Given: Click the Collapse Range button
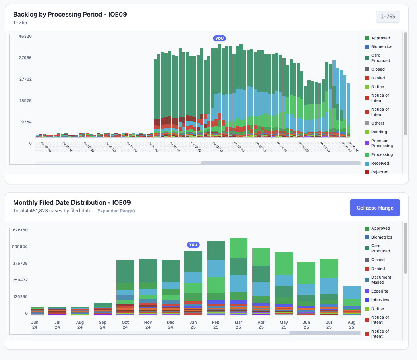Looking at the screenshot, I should click(375, 208).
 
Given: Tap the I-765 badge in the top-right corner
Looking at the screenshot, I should click(388, 17).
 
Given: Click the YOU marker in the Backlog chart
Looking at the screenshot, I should click(219, 39).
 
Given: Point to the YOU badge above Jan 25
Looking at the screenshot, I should click(193, 244).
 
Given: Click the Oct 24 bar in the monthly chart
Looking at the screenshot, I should click(125, 287).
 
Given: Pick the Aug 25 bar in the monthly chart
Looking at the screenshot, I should click(351, 300).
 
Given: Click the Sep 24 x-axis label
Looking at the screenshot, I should click(103, 324).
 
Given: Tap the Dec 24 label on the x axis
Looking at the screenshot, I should click(171, 324).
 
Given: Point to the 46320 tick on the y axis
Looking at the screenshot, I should click(25, 37).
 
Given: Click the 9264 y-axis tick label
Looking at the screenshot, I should click(27, 122).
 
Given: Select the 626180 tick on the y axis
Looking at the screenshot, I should click(21, 230).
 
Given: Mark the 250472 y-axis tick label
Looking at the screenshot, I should click(21, 280).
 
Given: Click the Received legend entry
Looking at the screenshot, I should click(380, 164).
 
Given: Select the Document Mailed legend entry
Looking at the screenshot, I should click(381, 280).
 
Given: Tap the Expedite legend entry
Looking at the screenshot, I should click(380, 291).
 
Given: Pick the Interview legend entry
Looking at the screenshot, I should click(380, 300).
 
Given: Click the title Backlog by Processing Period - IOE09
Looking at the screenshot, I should click(70, 15).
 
